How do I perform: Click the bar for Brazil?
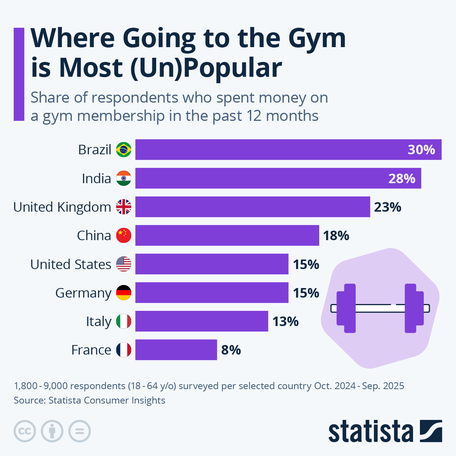click(266, 149)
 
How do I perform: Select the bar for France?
click(176, 350)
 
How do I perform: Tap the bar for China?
click(227, 235)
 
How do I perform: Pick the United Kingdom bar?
click(252, 207)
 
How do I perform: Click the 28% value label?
click(402, 178)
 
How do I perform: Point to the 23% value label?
click(388, 207)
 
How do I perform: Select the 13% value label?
click(285, 321)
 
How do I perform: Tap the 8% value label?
click(231, 350)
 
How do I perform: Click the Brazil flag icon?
click(123, 150)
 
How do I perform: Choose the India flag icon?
click(123, 178)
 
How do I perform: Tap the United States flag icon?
click(123, 264)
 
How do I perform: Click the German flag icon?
click(123, 293)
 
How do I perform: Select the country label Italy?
click(98, 321)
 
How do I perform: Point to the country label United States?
click(71, 264)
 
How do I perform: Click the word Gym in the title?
click(317, 38)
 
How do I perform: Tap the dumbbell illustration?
click(380, 308)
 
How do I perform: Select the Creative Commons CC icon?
click(25, 431)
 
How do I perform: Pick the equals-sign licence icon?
click(79, 431)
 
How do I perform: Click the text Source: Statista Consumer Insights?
click(89, 400)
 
